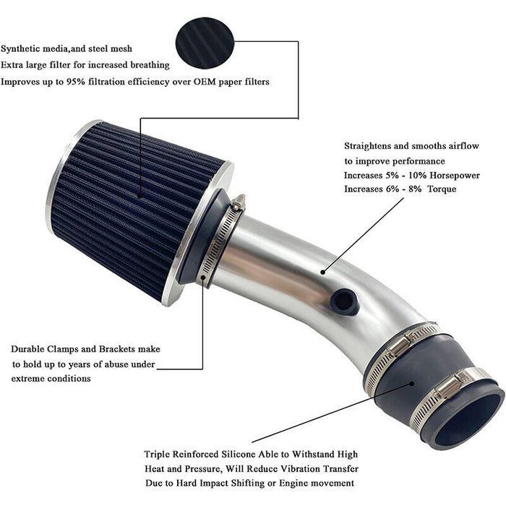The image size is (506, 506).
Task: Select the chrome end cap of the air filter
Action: (x=61, y=173)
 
